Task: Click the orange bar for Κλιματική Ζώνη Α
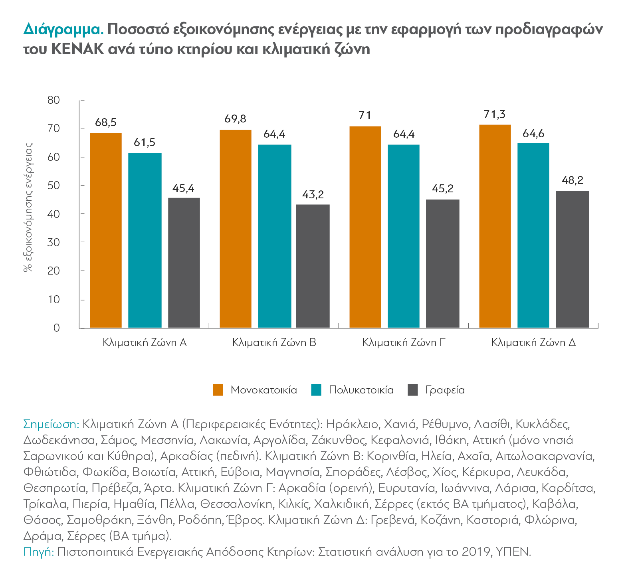pyautogui.click(x=106, y=230)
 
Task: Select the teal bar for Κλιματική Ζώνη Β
pyautogui.click(x=275, y=236)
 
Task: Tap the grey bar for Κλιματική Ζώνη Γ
pyautogui.click(x=442, y=263)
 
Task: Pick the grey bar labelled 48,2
pyautogui.click(x=572, y=259)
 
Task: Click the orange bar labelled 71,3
pyautogui.click(x=495, y=226)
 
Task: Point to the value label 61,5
pyautogui.click(x=145, y=142)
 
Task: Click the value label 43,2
pyautogui.click(x=313, y=195)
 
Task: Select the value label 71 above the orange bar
pyautogui.click(x=365, y=116)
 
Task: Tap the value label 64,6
pyautogui.click(x=533, y=134)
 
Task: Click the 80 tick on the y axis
pyautogui.click(x=53, y=100)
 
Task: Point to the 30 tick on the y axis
pyautogui.click(x=53, y=243)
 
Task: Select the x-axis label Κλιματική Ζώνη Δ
pyautogui.click(x=533, y=343)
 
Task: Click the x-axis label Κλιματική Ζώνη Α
pyautogui.click(x=145, y=343)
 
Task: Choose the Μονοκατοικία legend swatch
pyautogui.click(x=218, y=390)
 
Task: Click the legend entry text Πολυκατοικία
pyautogui.click(x=361, y=390)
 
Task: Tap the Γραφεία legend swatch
pyautogui.click(x=412, y=390)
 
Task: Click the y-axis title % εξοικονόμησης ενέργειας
pyautogui.click(x=28, y=207)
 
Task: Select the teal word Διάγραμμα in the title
pyautogui.click(x=63, y=30)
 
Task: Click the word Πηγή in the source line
pyautogui.click(x=39, y=552)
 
